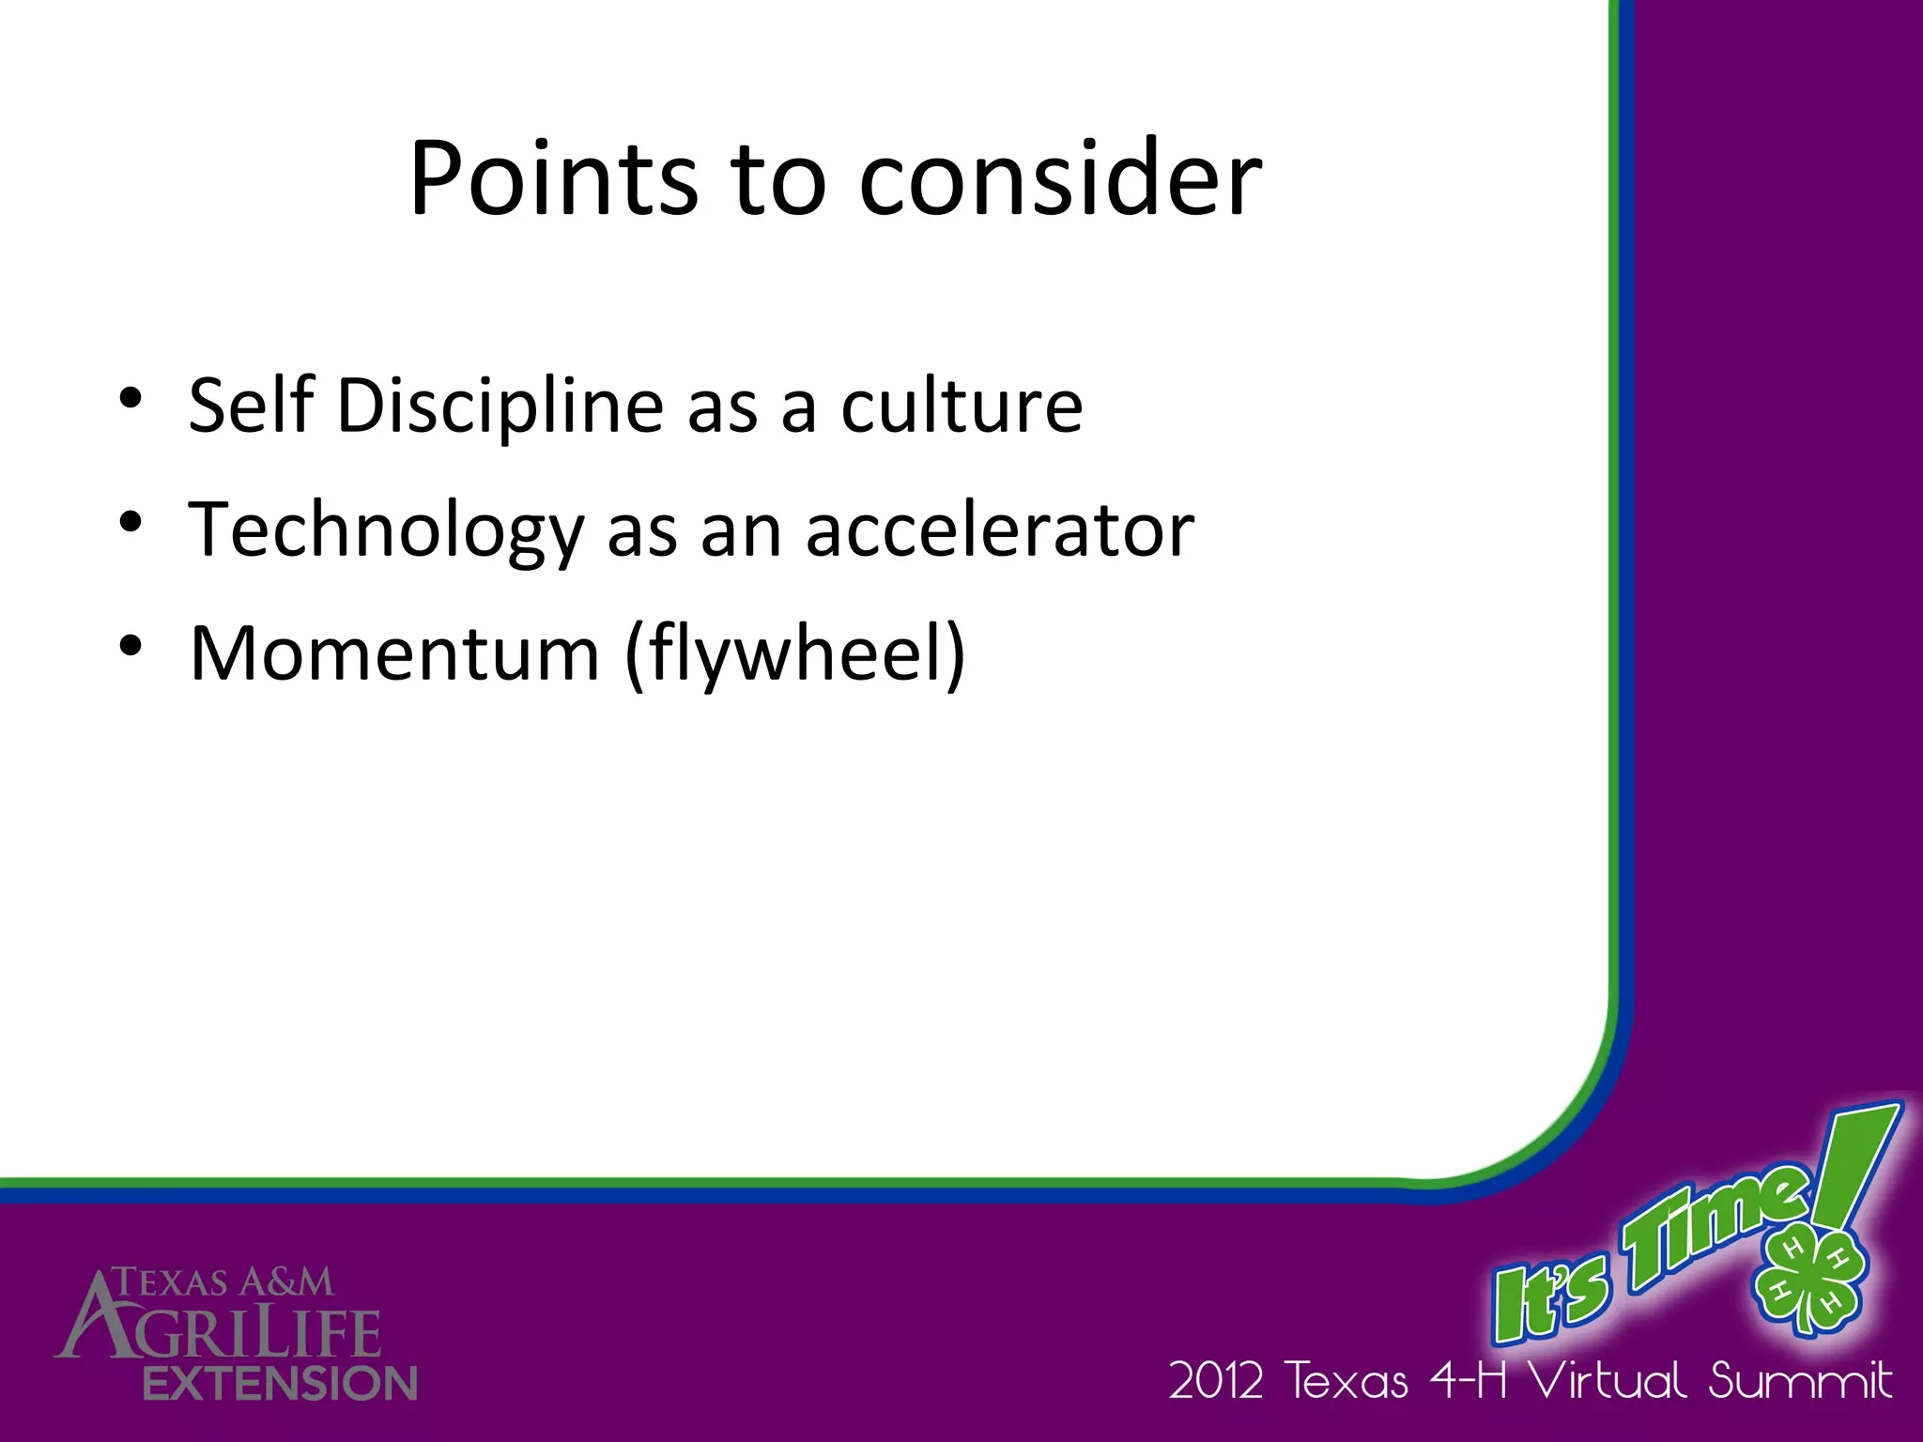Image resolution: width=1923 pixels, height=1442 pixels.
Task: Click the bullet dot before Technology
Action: click(x=131, y=522)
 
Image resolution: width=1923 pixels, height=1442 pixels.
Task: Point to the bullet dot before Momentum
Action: click(x=131, y=646)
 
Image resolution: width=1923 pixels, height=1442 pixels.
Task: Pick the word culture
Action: click(x=961, y=406)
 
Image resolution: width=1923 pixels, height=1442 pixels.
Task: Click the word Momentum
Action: click(x=394, y=653)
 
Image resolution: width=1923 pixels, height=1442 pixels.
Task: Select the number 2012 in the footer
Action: click(x=1216, y=1381)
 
